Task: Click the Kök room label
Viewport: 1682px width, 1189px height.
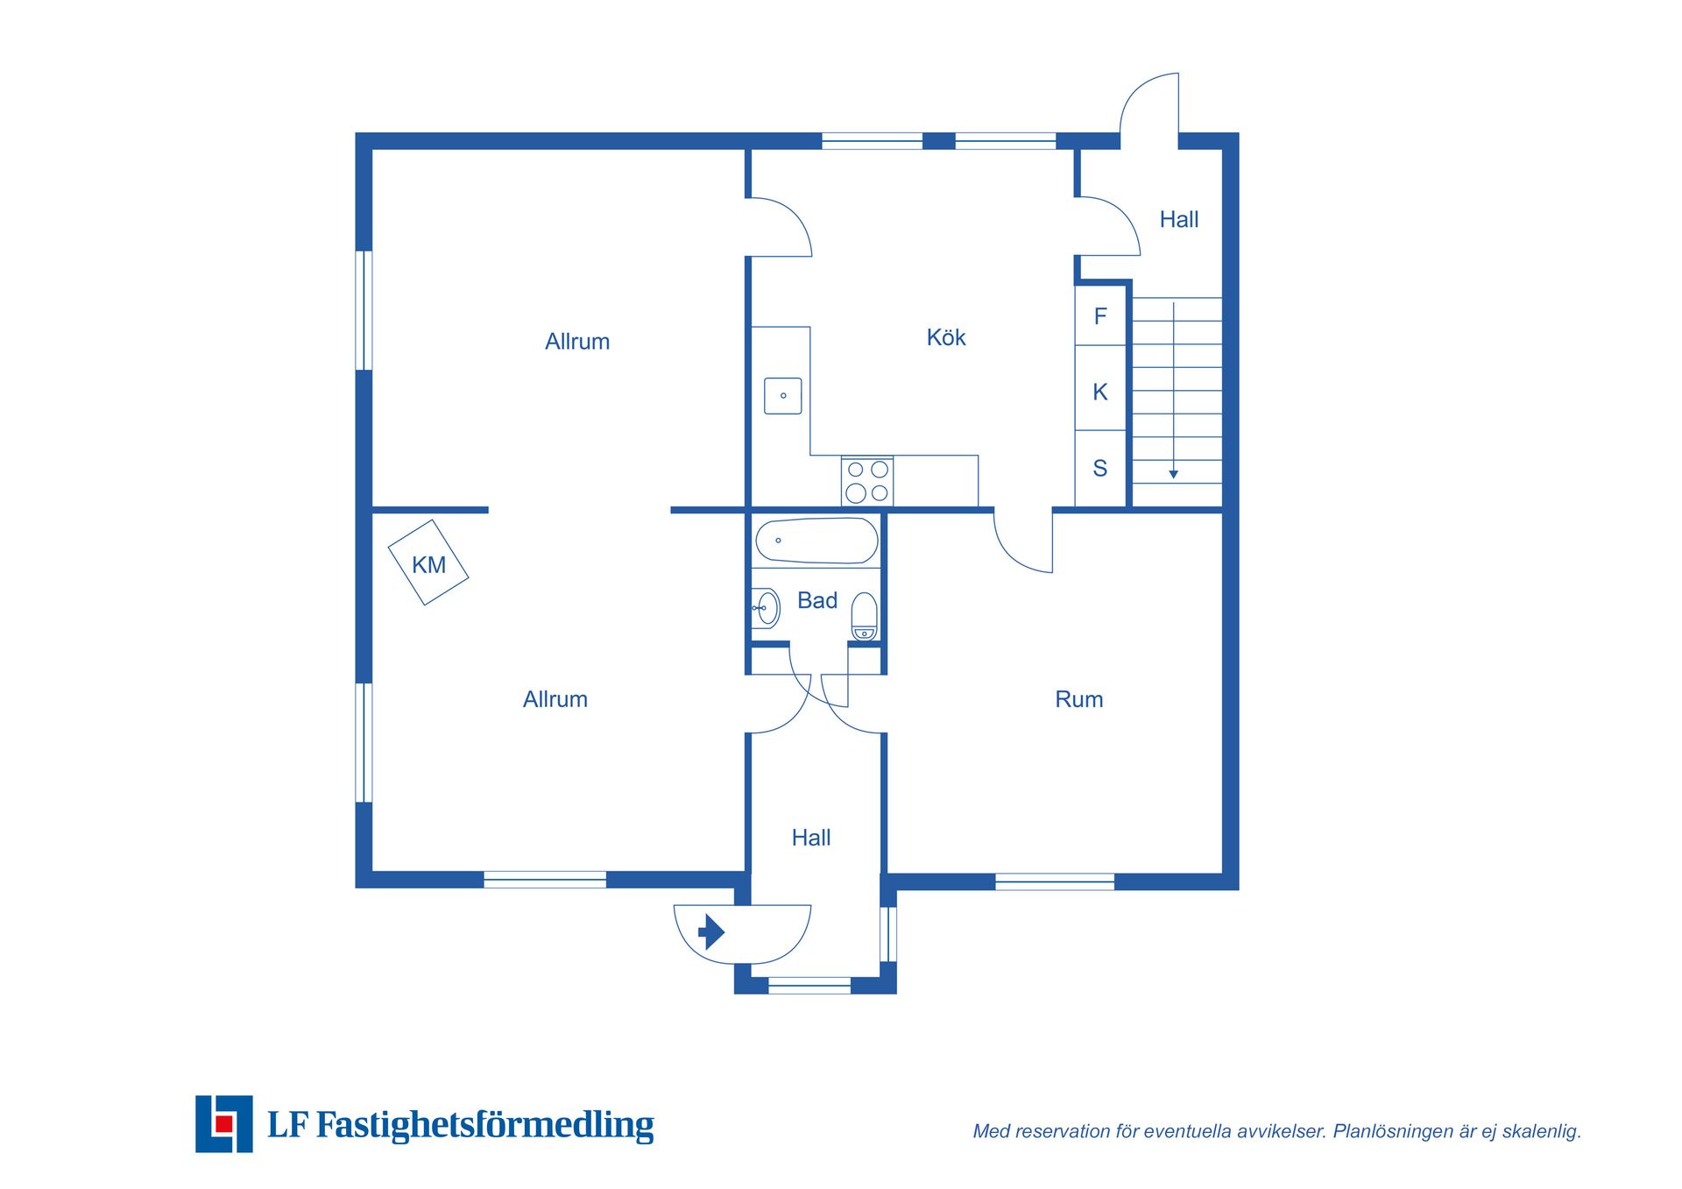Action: coord(946,337)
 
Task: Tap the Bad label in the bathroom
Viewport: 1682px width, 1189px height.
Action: coord(817,600)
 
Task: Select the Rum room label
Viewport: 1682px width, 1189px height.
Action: coord(1079,699)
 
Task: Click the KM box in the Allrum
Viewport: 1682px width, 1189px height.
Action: coord(428,563)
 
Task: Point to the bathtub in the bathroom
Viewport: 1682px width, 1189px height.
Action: coord(816,541)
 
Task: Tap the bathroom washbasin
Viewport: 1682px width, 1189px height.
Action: coord(766,608)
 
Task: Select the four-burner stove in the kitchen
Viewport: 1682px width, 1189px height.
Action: coord(867,481)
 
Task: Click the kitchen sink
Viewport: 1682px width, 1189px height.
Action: coord(783,396)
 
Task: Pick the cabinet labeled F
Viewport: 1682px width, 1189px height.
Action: coord(1100,315)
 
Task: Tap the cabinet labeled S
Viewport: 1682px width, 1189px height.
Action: coord(1100,468)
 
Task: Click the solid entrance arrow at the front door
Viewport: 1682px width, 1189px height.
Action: coord(711,931)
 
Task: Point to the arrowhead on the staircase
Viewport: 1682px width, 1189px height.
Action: coord(1174,474)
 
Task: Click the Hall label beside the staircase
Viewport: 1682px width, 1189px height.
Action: coord(1179,219)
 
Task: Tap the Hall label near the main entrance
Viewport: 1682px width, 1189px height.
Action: coord(811,838)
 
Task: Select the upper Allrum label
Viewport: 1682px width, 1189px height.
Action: coord(577,342)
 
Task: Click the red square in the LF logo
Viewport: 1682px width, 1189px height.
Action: coord(224,1123)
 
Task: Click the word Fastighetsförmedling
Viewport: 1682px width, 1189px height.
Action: coord(485,1125)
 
